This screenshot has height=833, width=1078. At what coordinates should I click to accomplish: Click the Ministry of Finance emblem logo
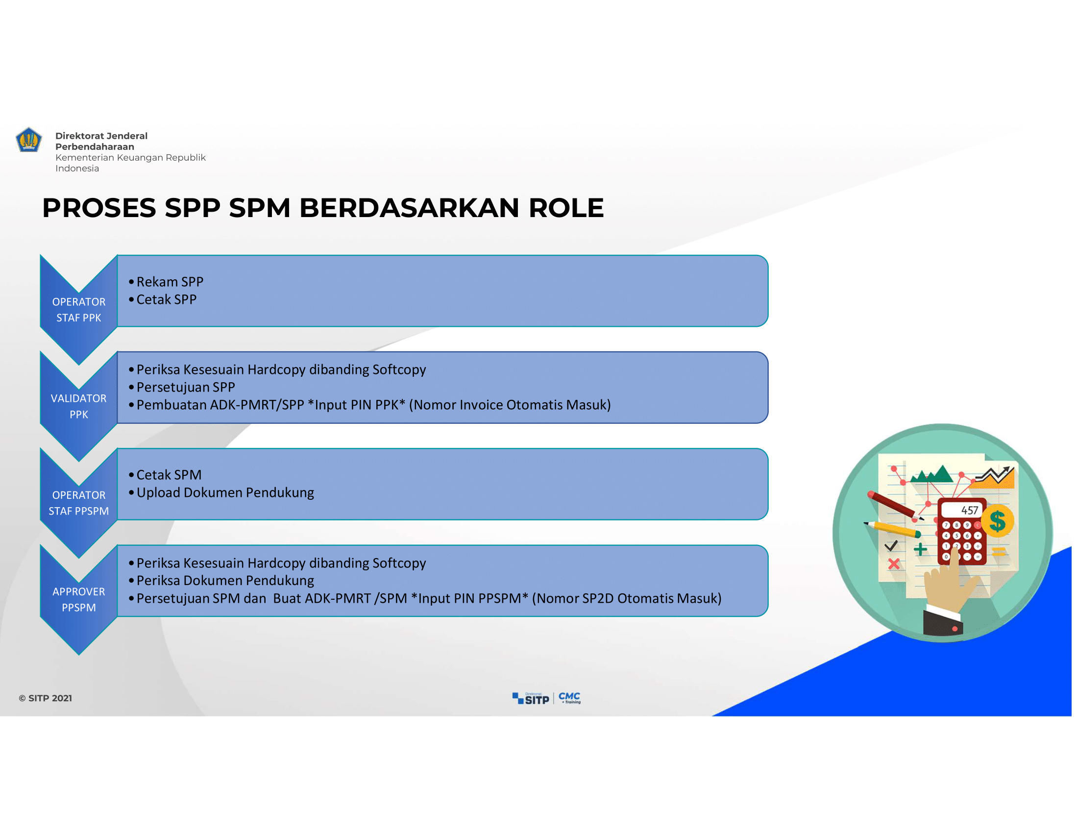click(28, 140)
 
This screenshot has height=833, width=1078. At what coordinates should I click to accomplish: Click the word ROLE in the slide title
click(566, 208)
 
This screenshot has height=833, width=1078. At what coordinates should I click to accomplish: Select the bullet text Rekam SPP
click(170, 282)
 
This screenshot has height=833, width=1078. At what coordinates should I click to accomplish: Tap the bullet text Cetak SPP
click(166, 299)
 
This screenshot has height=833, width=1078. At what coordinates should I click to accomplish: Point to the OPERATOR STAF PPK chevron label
click(79, 310)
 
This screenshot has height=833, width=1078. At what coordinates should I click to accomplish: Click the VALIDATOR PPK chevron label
click(79, 407)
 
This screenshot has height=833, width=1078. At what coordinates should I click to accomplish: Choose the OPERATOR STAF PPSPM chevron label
click(79, 503)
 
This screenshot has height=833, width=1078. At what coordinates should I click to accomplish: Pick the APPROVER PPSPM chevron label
click(79, 600)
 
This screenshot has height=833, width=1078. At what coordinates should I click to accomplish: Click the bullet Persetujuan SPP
click(186, 388)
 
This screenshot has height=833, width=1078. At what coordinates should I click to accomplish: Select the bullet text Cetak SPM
click(169, 475)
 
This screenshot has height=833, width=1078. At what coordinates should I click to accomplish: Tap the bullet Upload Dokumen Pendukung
click(225, 493)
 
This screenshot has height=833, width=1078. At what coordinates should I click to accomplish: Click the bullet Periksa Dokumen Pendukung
click(225, 581)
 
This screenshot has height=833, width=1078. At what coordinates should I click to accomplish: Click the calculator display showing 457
click(963, 510)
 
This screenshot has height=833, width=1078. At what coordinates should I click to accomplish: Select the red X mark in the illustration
click(893, 564)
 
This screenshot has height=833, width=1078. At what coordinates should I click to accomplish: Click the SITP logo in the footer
click(531, 699)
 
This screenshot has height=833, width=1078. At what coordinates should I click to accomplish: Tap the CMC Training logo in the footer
click(569, 698)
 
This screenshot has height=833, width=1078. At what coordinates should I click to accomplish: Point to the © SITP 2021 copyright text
click(46, 698)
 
